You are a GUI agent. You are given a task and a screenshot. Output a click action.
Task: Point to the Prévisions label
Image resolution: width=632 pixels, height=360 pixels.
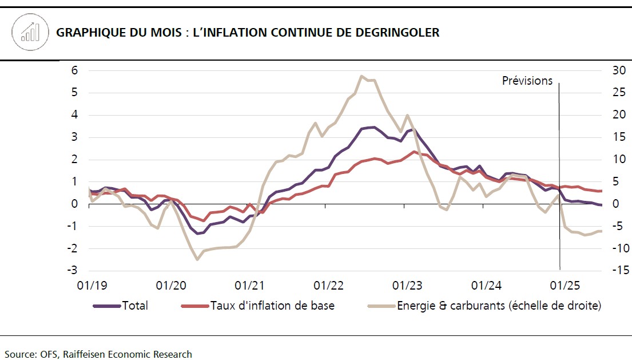(x=527, y=81)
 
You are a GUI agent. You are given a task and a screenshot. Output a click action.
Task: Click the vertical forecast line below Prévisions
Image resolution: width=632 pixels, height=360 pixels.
(x=559, y=172)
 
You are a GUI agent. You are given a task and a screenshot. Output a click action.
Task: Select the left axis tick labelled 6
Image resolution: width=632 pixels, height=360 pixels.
(x=75, y=70)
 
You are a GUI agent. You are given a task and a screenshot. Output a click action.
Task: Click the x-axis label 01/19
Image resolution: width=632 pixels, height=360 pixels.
(x=90, y=285)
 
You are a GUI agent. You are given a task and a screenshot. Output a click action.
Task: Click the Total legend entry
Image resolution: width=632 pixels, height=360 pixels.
(x=134, y=306)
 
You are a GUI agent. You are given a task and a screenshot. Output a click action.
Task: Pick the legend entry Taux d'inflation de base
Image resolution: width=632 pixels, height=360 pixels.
(x=272, y=306)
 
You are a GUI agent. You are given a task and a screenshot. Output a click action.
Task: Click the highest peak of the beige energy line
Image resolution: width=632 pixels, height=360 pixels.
(x=361, y=76)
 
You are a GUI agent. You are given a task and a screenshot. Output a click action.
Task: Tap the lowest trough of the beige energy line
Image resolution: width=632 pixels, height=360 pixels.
(x=197, y=259)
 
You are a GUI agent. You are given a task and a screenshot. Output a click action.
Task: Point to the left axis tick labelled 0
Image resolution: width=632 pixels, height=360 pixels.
(x=75, y=204)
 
